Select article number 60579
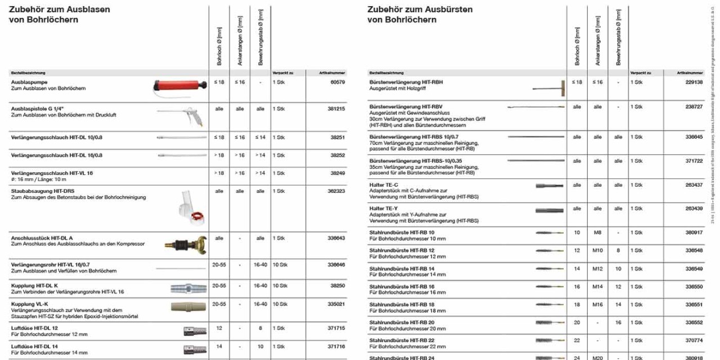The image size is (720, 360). pyautogui.click(x=337, y=82)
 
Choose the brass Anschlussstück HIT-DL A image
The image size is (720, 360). pyautogui.click(x=186, y=244)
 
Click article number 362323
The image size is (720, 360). pyautogui.click(x=336, y=191)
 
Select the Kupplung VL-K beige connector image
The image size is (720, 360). pyautogui.click(x=188, y=307)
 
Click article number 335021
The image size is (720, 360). pyautogui.click(x=336, y=304)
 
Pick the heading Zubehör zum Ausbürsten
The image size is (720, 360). pyautogui.click(x=420, y=10)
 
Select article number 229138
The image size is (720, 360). pyautogui.click(x=694, y=82)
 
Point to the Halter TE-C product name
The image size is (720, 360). pyautogui.click(x=384, y=185)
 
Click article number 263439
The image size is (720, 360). pyautogui.click(x=694, y=209)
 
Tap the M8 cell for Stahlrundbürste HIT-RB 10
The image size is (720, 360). pyautogui.click(x=597, y=232)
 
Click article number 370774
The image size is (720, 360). pyautogui.click(x=694, y=340)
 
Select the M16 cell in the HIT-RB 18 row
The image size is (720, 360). pyautogui.click(x=597, y=304)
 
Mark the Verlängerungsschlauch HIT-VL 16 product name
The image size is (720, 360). pyautogui.click(x=52, y=173)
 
